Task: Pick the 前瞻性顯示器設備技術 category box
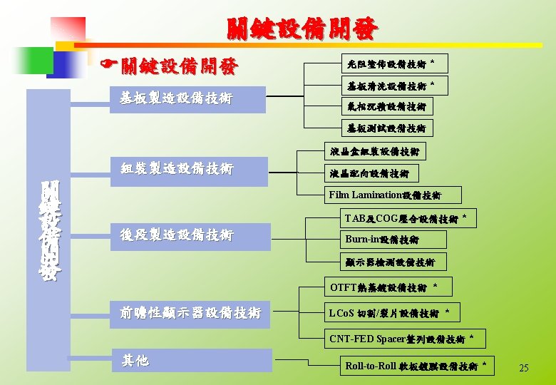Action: coord(190,314)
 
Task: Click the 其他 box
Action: coord(192,361)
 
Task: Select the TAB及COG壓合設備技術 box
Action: coord(407,218)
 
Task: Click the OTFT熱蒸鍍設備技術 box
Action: coord(389,287)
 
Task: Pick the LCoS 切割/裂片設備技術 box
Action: coord(391,312)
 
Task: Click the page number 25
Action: coord(524,369)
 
